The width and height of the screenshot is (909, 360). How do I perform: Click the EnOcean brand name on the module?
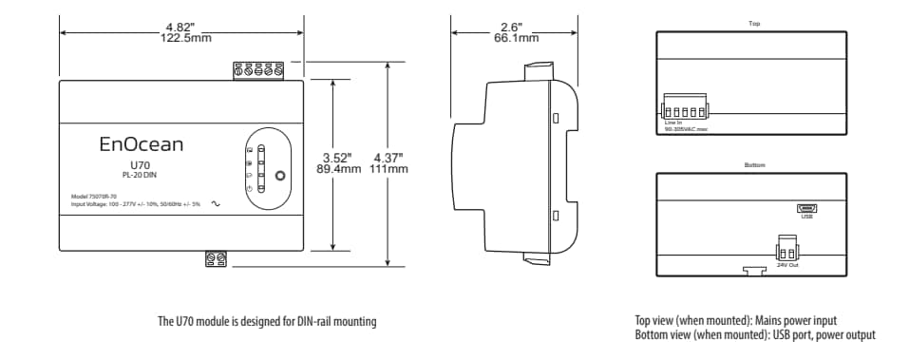[142, 144]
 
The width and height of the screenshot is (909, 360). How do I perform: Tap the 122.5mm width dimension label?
[181, 38]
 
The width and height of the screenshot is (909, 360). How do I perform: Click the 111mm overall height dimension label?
[390, 169]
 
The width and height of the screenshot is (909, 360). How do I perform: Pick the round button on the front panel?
[279, 176]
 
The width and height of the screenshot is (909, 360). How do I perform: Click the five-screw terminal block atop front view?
[259, 70]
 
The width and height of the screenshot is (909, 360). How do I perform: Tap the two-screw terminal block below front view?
[216, 258]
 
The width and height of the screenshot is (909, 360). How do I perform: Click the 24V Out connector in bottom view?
[786, 248]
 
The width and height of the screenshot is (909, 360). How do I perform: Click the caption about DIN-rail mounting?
[266, 322]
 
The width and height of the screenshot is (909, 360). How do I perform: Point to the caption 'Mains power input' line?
[736, 321]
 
